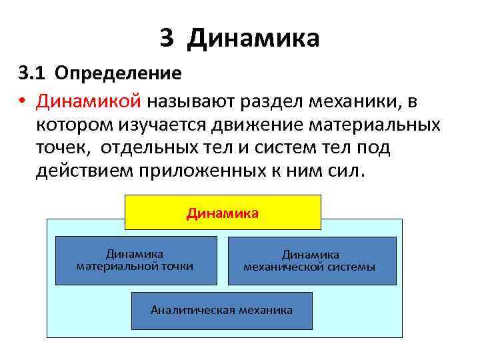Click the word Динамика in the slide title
pyautogui.click(x=253, y=38)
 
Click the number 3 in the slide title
pyautogui.click(x=167, y=38)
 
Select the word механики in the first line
pyautogui.click(x=351, y=101)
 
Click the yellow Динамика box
pyautogui.click(x=223, y=213)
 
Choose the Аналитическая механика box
pyautogui.click(x=221, y=310)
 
